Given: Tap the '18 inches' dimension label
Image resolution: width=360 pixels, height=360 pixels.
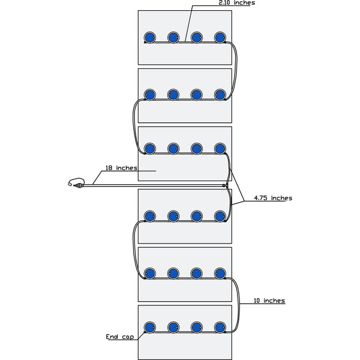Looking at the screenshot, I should (122, 169).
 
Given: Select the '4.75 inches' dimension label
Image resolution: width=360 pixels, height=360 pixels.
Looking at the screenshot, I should (273, 198).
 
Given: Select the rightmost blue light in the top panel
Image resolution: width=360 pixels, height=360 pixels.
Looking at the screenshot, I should (220, 38).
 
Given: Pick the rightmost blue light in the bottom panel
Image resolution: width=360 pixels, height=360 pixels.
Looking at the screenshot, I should (220, 327).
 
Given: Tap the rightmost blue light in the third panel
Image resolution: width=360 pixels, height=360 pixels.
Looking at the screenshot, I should (220, 148).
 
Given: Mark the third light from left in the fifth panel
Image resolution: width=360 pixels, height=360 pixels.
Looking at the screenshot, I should (197, 274).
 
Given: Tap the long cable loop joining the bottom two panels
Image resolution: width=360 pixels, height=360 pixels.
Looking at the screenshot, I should (238, 303).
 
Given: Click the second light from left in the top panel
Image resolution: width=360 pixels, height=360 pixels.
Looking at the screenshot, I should (173, 38).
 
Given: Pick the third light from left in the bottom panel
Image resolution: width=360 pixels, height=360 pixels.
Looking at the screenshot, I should (197, 327).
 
